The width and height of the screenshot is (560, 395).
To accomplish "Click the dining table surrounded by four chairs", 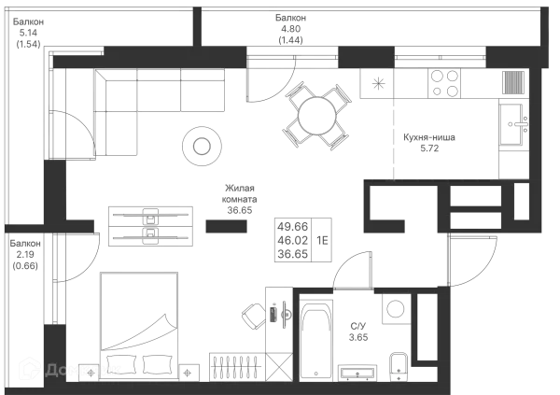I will tap(315, 114).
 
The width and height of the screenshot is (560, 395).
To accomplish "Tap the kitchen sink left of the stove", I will tap(378, 84).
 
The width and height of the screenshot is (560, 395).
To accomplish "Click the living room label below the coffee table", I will tap(239, 198).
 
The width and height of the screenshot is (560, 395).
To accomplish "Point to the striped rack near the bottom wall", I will tap(233, 365).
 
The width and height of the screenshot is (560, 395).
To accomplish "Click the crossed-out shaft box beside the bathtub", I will tap(277, 367).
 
